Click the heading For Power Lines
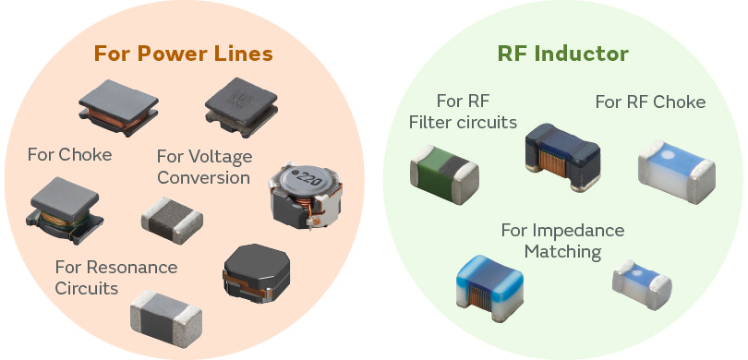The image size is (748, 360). coord(183,54)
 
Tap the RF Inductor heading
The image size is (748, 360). coord(562,54)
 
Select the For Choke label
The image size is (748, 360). coord(69,154)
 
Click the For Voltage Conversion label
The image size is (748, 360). coord(204,166)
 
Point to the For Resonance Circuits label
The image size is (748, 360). coord(115,277)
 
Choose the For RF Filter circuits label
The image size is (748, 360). coord(475,111)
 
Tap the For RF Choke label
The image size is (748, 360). coord(650,102)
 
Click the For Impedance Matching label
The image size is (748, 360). coord(562,240)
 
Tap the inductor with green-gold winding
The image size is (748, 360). coord(64,205)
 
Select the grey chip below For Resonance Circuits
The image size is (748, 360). coord(165,314)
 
